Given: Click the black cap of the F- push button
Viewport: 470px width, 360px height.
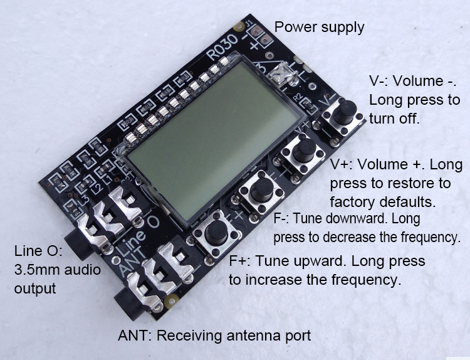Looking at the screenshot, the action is click(x=262, y=189).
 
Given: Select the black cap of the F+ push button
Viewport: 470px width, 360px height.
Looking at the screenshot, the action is click(x=216, y=233).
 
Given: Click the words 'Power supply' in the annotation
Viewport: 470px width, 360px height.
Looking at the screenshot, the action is click(x=319, y=28).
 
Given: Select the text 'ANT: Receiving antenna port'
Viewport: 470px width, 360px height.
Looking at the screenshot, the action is click(x=214, y=336).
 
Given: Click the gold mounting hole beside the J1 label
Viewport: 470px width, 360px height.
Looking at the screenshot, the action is click(x=239, y=27).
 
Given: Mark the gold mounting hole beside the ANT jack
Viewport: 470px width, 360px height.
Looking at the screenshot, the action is click(x=172, y=300).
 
